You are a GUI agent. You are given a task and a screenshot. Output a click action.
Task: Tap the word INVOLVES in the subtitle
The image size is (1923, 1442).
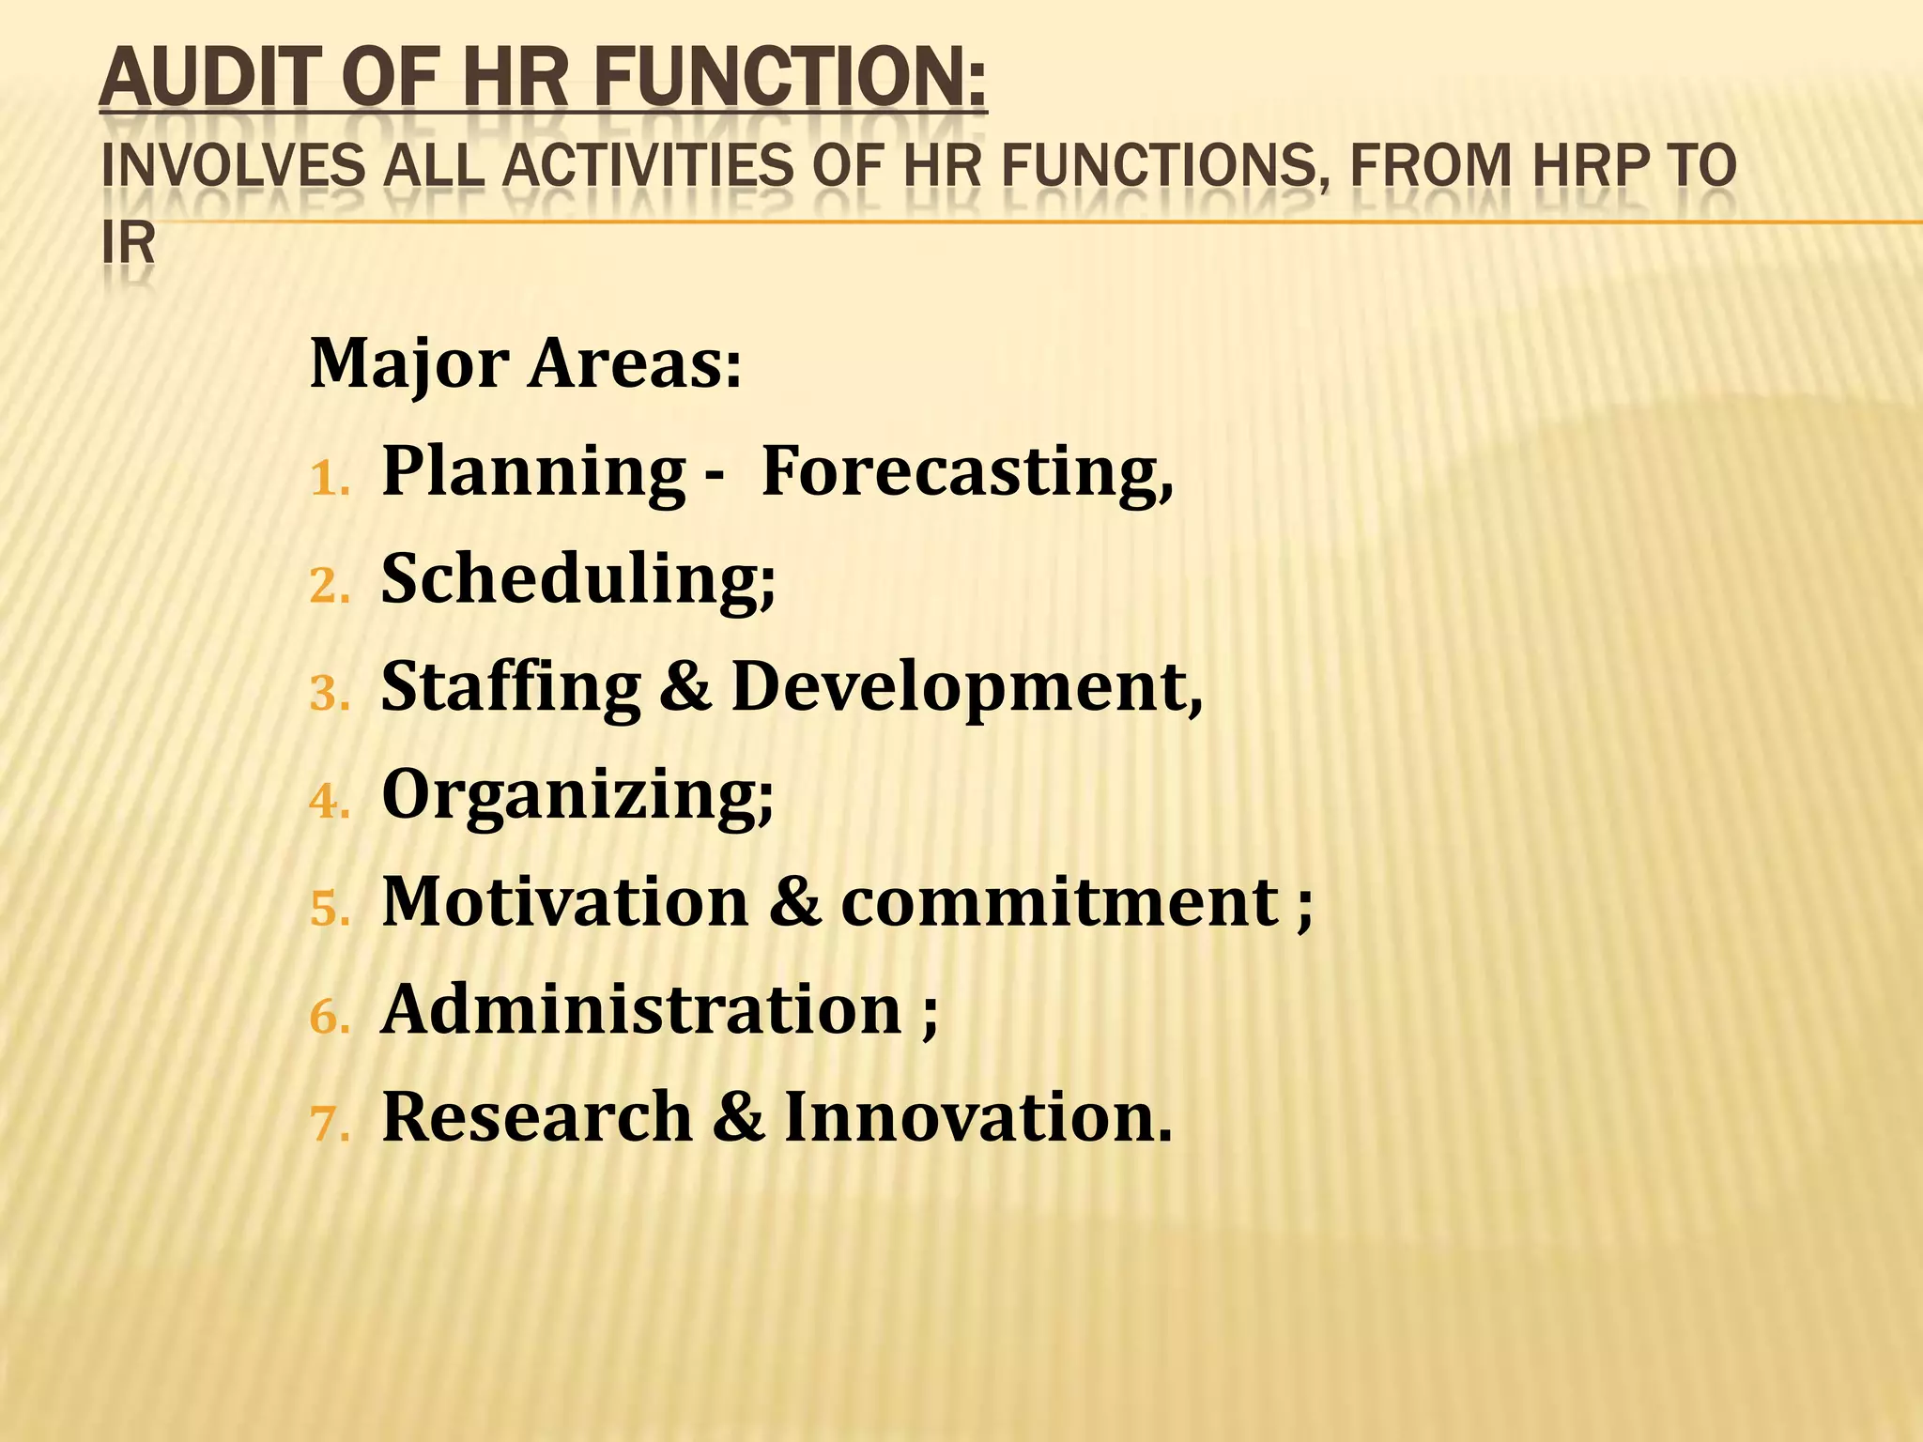[x=232, y=166]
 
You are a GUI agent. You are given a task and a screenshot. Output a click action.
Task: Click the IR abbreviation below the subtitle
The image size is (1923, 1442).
[x=128, y=244]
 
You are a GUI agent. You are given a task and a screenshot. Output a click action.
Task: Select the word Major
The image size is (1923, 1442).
[x=409, y=365]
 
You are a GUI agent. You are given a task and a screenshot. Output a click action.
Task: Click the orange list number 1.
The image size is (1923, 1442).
[x=328, y=479]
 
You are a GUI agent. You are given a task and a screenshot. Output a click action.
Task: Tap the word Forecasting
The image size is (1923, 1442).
[x=966, y=471]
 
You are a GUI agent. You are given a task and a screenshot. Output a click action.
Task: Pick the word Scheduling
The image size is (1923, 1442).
[x=577, y=579]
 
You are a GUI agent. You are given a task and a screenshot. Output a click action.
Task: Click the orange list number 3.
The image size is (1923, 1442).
[x=329, y=695]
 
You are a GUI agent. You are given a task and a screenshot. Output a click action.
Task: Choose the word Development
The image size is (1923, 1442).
[x=966, y=687]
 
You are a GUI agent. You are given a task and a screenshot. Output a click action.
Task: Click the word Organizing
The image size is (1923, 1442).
[x=577, y=796]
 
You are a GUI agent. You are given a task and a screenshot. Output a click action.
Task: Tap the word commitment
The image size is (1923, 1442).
[x=1060, y=902]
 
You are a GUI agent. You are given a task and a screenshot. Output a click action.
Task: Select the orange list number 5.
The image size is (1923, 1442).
[x=329, y=910]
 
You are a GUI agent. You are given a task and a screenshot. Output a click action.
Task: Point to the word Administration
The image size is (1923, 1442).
[x=642, y=1010]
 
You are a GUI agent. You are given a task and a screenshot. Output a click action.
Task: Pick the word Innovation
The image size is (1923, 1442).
[x=977, y=1117]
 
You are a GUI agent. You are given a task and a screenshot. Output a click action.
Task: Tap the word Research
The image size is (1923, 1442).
[x=537, y=1117]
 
